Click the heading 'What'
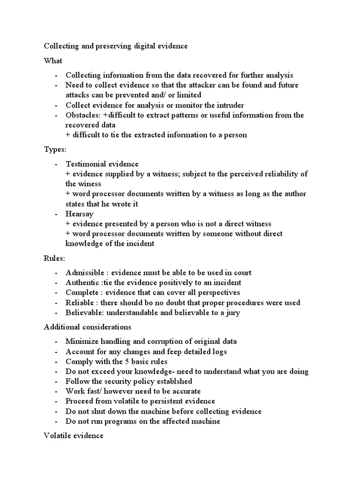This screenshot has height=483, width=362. tap(53, 61)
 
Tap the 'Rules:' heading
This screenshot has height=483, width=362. tap(54, 258)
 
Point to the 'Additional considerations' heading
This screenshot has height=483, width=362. tap(88, 327)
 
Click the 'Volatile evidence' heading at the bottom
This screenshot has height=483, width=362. tap(74, 436)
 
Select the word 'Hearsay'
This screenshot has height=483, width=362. tap(80, 214)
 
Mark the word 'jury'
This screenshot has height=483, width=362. tap(232, 313)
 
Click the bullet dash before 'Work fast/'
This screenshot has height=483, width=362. tap(56, 391)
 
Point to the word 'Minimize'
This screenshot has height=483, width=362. tap(82, 341)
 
